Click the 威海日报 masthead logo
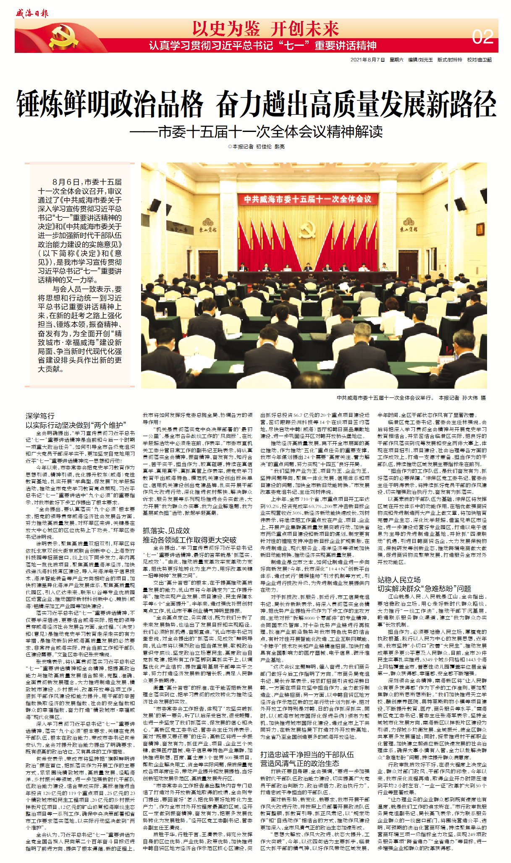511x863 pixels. point(32,13)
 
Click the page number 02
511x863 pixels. point(482,37)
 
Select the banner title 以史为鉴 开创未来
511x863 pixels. point(265,29)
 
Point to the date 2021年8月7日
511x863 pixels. point(367,60)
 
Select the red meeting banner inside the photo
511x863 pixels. point(308,199)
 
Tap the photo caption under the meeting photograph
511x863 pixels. point(411,397)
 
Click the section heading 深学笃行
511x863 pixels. point(40,416)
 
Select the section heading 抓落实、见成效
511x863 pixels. point(166,531)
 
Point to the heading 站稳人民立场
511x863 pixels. point(399,580)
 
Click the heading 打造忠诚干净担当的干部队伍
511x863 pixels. point(307,754)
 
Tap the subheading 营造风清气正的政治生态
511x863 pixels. point(300,763)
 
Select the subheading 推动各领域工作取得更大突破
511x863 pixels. point(189,539)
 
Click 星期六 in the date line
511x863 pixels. point(396,60)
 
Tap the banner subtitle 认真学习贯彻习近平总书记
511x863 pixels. point(262,45)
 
